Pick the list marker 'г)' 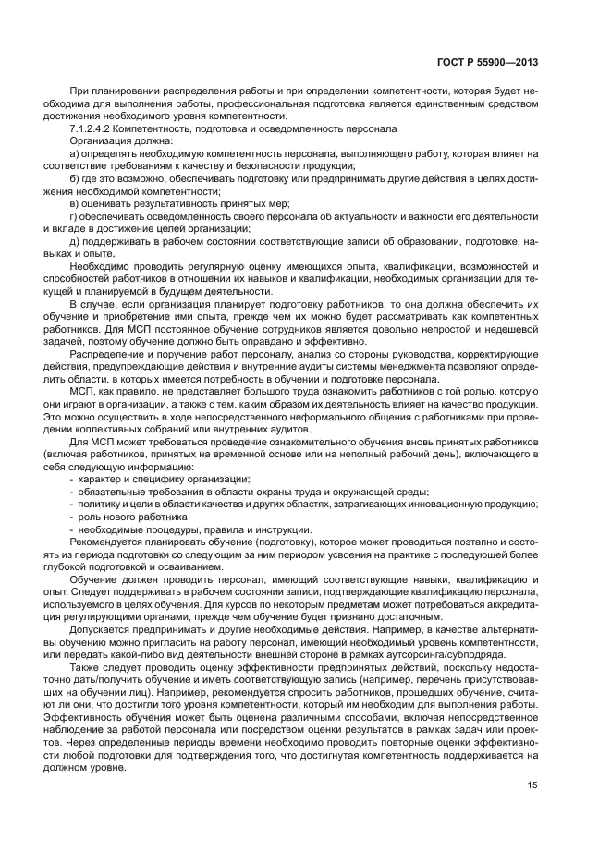74,215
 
